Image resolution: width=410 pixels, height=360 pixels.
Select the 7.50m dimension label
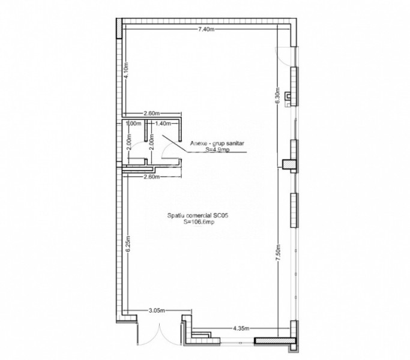click(x=277, y=251)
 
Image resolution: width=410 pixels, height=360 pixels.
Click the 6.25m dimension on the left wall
click(x=128, y=247)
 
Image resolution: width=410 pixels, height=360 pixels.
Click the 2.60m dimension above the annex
click(x=151, y=112)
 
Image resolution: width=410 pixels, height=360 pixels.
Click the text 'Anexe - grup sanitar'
click(x=211, y=143)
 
